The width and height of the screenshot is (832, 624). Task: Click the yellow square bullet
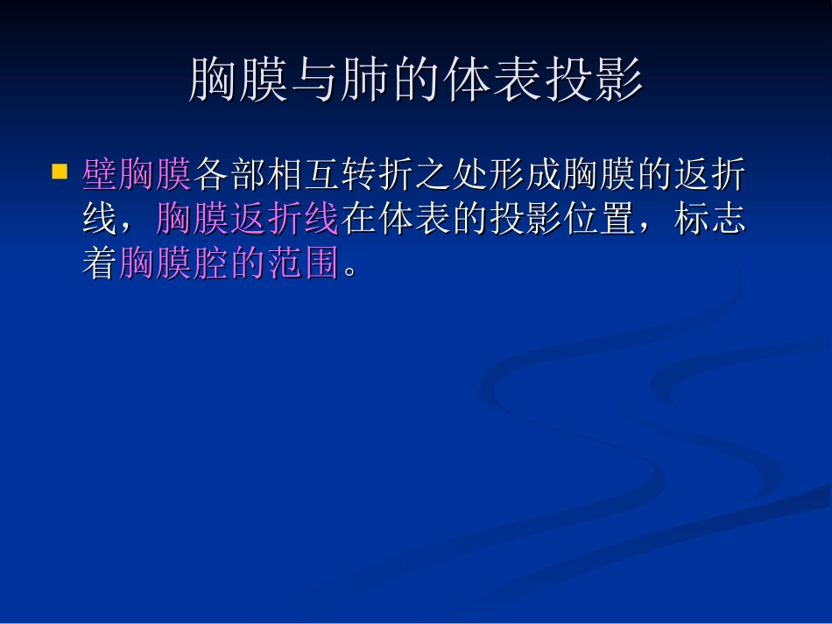click(x=60, y=171)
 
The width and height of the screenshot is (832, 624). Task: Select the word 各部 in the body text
click(x=229, y=175)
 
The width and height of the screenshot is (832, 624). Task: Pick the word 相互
click(x=303, y=175)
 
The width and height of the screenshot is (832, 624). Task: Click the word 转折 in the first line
click(x=377, y=175)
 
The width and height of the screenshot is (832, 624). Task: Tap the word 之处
click(x=450, y=175)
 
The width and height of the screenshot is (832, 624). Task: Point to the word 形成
click(x=524, y=175)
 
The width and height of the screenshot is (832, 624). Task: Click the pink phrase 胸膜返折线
click(x=247, y=219)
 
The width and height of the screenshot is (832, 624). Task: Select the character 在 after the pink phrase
click(x=358, y=219)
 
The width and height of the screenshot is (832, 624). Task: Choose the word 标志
click(x=709, y=219)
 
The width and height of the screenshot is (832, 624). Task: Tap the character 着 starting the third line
click(x=100, y=263)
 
